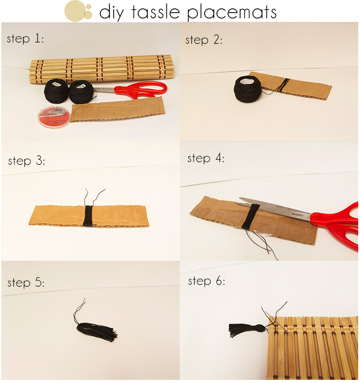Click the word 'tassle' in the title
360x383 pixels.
[x=156, y=12]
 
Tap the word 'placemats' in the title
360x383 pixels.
[x=232, y=13]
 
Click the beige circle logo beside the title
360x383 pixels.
[x=78, y=11]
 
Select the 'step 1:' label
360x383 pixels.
[x=25, y=38]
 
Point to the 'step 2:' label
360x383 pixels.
[x=204, y=40]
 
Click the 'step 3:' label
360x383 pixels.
[x=27, y=161]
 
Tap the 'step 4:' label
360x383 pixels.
[x=206, y=158]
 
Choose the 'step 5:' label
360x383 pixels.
[x=26, y=283]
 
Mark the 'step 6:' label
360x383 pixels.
[x=207, y=281]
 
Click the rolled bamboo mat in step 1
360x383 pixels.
[x=100, y=69]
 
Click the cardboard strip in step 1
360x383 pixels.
[x=117, y=109]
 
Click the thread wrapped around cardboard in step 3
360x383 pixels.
[x=88, y=216]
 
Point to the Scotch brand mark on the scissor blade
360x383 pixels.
[x=298, y=214]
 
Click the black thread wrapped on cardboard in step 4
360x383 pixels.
[x=251, y=216]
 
